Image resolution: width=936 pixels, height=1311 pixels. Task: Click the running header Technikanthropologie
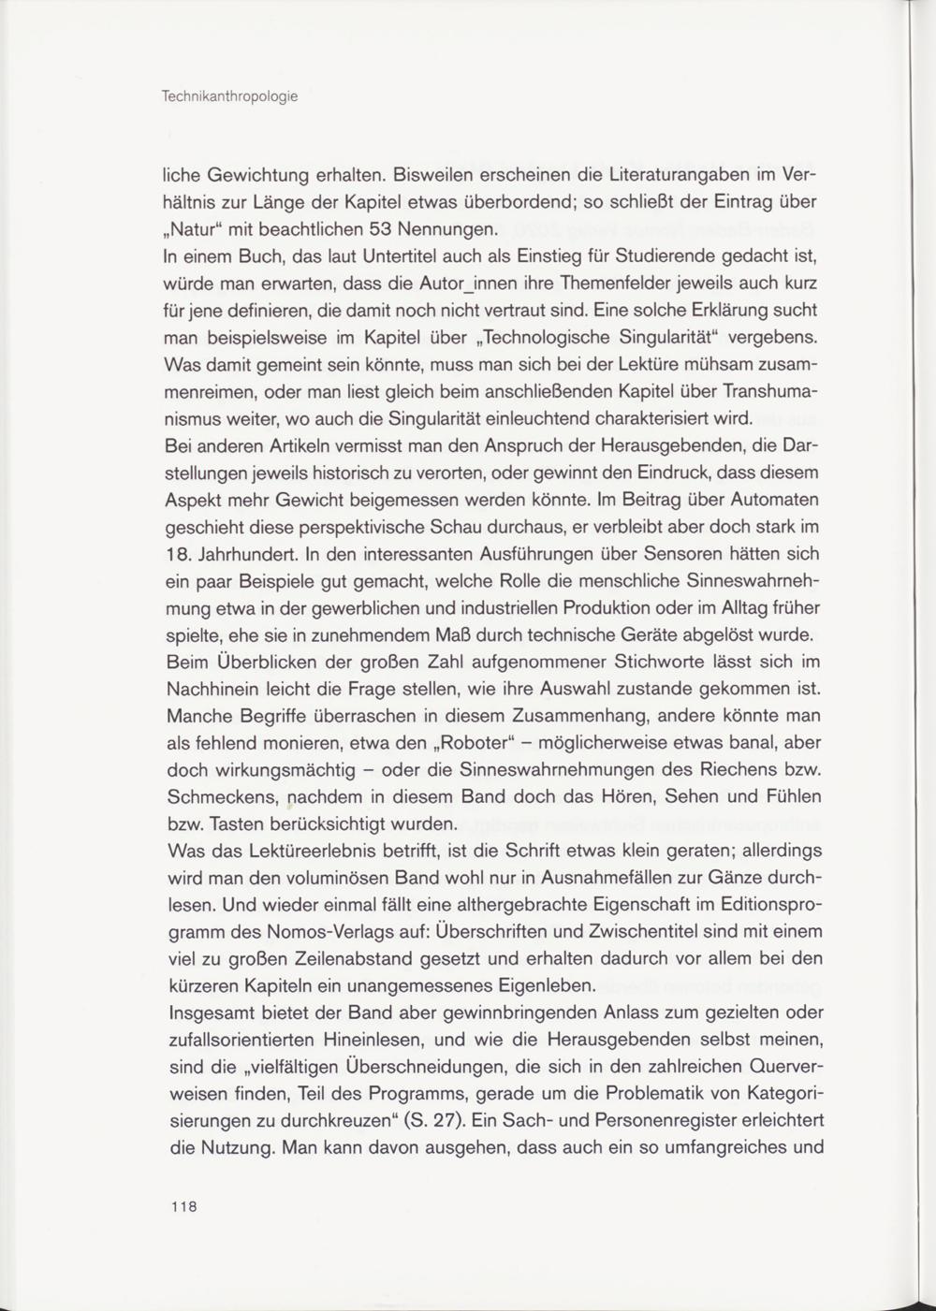[230, 96]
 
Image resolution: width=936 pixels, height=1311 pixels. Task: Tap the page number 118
[183, 1206]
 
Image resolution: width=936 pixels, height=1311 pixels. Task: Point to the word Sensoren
[635, 553]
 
